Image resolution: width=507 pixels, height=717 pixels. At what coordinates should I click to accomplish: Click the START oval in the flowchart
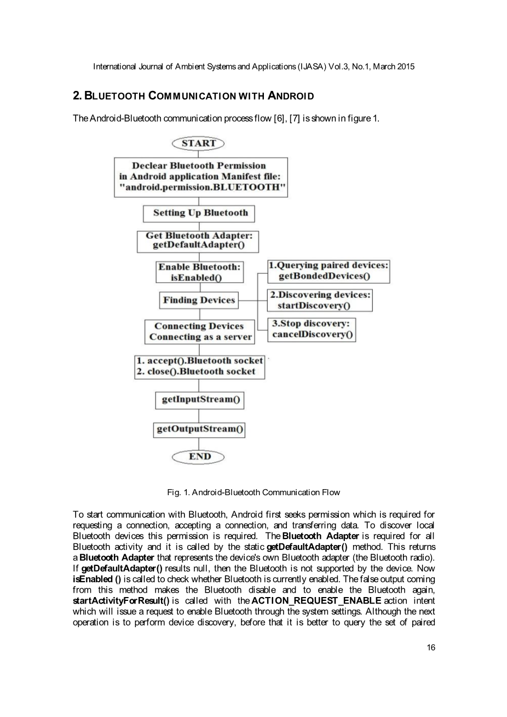click(x=198, y=144)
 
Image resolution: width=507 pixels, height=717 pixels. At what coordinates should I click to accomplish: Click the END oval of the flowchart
click(x=199, y=456)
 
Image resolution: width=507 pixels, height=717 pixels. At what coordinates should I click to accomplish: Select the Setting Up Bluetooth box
click(x=200, y=213)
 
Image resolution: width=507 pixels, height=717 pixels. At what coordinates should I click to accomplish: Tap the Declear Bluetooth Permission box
click(x=200, y=177)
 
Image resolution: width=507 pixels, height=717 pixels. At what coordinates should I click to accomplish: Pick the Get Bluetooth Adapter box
click(x=198, y=241)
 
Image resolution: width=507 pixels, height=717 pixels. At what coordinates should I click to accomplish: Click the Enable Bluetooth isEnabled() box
click(x=199, y=272)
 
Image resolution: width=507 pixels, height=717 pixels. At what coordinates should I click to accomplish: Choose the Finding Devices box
click(x=199, y=300)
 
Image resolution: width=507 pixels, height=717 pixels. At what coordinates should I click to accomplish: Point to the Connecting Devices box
click(x=199, y=332)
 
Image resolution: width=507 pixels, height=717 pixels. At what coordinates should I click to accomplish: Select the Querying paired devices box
click(x=329, y=271)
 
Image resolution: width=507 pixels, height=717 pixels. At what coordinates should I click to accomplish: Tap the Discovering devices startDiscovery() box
click(x=320, y=300)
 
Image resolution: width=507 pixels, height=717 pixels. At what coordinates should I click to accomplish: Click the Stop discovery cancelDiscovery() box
click(x=312, y=330)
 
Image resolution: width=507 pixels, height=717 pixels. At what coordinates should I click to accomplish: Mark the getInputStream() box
click(x=200, y=399)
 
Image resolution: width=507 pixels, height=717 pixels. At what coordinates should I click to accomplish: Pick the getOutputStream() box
click(x=200, y=429)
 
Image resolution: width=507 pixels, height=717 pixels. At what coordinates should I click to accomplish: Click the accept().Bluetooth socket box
click(x=200, y=366)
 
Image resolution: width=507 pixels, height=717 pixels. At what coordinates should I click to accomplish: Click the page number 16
click(x=431, y=647)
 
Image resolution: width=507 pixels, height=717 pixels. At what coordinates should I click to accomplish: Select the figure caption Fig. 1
click(x=253, y=492)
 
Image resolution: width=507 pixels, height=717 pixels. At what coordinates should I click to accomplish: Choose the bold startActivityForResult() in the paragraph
click(x=121, y=601)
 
